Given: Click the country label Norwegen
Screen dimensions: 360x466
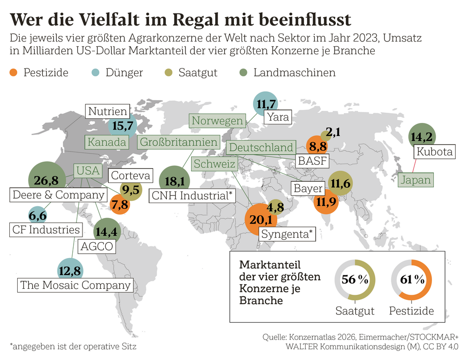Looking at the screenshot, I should point(218,121).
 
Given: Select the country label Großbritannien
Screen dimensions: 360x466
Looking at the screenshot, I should point(179,143).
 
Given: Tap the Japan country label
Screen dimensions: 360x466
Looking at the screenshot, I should point(414,179).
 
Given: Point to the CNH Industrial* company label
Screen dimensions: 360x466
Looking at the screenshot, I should point(192,196).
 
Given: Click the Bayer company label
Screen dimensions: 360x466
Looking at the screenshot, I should point(308,188).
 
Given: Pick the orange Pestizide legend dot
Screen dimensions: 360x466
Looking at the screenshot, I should point(14,73).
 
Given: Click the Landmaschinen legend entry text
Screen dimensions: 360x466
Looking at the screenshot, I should point(294,73).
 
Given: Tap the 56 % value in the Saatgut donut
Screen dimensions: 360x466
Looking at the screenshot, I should point(355,280).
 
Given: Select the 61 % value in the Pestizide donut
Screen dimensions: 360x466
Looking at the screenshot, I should point(411,280).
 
